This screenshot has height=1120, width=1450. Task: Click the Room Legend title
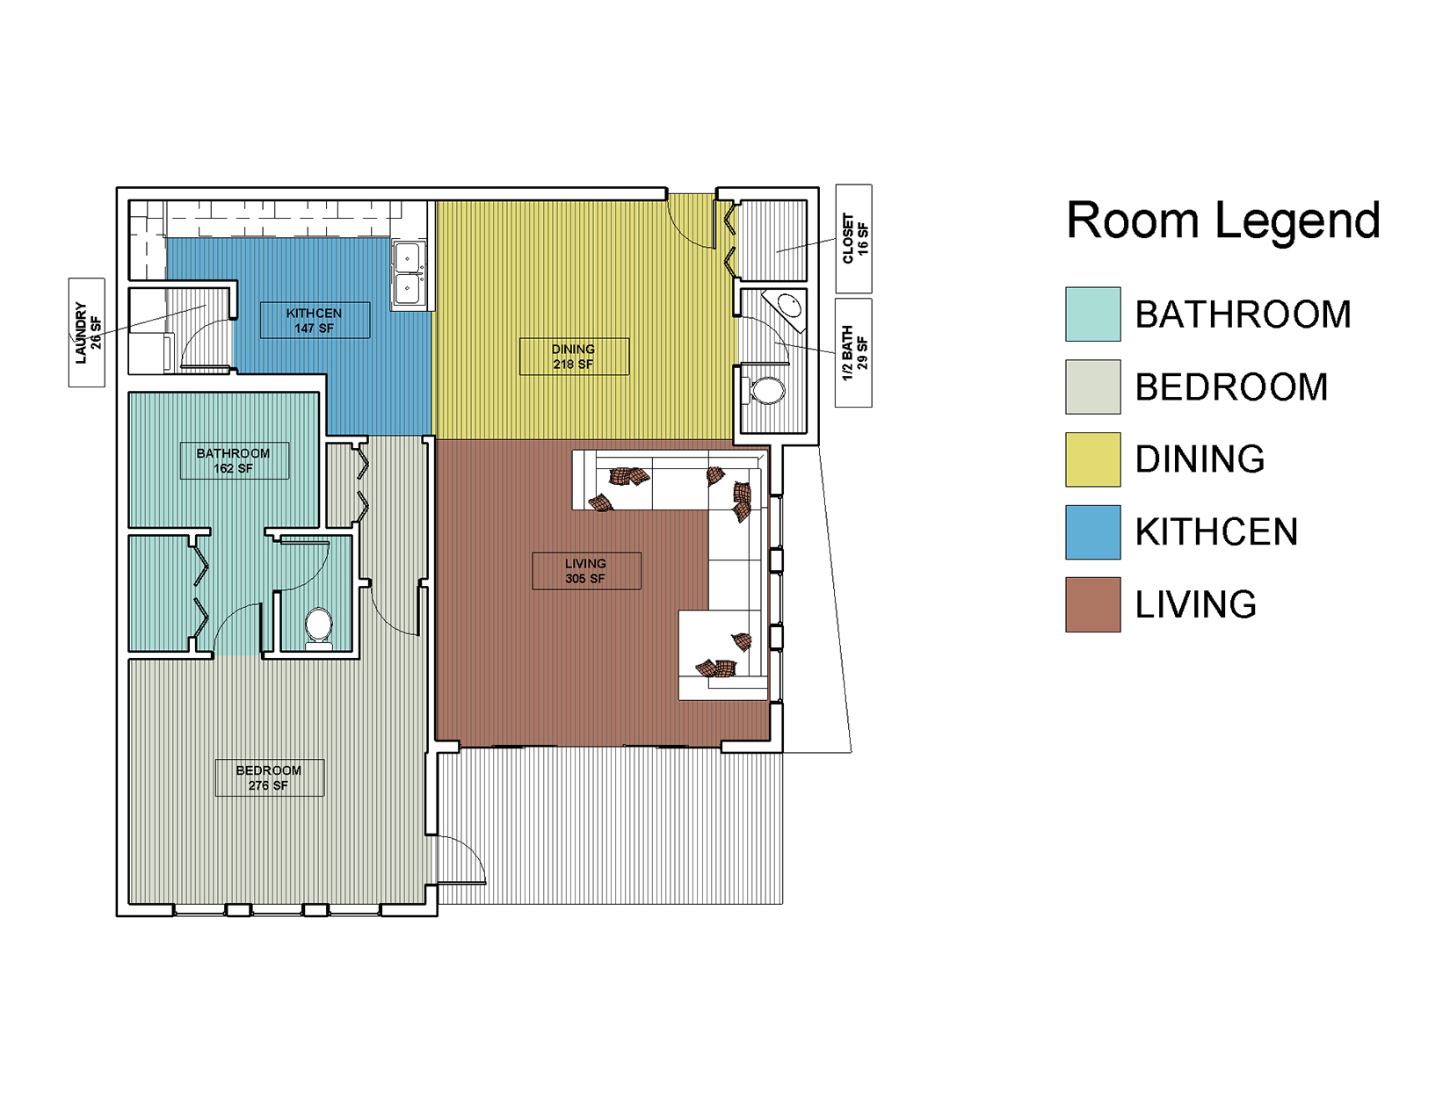click(x=1222, y=220)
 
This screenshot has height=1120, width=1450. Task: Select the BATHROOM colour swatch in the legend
click(x=1092, y=314)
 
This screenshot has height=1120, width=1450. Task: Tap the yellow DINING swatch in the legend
click(x=1092, y=459)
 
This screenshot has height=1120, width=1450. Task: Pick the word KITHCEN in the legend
click(x=1216, y=531)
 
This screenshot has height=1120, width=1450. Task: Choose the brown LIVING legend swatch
click(x=1092, y=604)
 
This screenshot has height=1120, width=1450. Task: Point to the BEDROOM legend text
click(x=1231, y=387)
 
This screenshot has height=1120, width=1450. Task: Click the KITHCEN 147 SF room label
click(x=315, y=321)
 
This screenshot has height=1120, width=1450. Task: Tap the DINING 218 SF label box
click(x=574, y=357)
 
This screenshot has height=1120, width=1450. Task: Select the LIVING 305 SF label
click(x=586, y=571)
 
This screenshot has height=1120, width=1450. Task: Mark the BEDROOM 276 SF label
click(x=270, y=777)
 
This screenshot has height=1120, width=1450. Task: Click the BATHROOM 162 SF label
click(x=235, y=460)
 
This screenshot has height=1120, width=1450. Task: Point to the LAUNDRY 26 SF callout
click(x=87, y=332)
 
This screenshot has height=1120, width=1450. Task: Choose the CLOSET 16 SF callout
click(x=853, y=239)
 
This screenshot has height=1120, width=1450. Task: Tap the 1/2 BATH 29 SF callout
click(x=853, y=353)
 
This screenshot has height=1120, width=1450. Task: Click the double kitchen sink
click(x=409, y=275)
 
